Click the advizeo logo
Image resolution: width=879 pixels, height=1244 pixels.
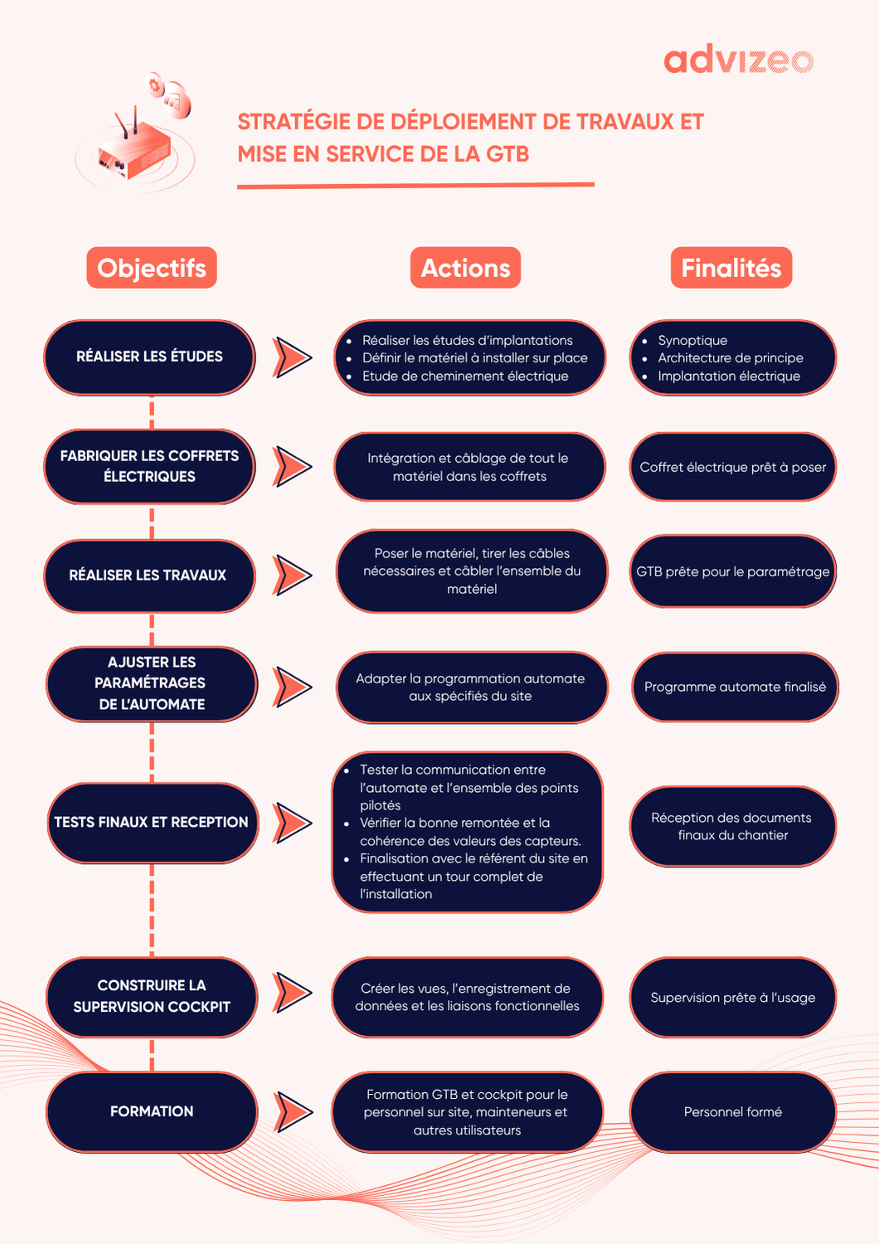click(738, 61)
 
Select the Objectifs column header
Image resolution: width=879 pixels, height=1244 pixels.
click(152, 268)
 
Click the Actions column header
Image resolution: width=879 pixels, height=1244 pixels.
click(465, 268)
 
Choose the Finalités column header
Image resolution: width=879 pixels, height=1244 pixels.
click(731, 268)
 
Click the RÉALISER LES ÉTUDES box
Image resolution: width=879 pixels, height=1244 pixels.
click(149, 357)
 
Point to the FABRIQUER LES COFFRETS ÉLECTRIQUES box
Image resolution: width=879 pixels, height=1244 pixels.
click(149, 466)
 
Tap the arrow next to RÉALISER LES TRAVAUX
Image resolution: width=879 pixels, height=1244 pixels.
click(292, 575)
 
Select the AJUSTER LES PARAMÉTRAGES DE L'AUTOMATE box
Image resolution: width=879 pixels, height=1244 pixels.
click(152, 683)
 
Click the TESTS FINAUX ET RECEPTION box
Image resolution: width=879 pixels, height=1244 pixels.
click(152, 822)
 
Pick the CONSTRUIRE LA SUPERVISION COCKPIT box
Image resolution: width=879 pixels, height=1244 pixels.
click(152, 996)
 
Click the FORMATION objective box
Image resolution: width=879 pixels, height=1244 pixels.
click(152, 1111)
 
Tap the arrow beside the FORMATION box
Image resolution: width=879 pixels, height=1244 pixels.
click(293, 1112)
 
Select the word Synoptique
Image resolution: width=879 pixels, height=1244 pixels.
click(692, 340)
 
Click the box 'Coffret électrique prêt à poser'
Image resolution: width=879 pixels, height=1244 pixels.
click(733, 467)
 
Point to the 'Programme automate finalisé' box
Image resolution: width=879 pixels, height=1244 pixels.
click(735, 687)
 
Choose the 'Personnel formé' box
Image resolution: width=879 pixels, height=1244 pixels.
click(733, 1111)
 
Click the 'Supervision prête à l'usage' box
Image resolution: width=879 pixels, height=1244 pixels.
click(733, 997)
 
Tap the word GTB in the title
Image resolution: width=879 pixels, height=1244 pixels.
click(507, 154)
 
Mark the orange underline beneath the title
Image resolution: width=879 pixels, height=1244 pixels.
click(415, 186)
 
